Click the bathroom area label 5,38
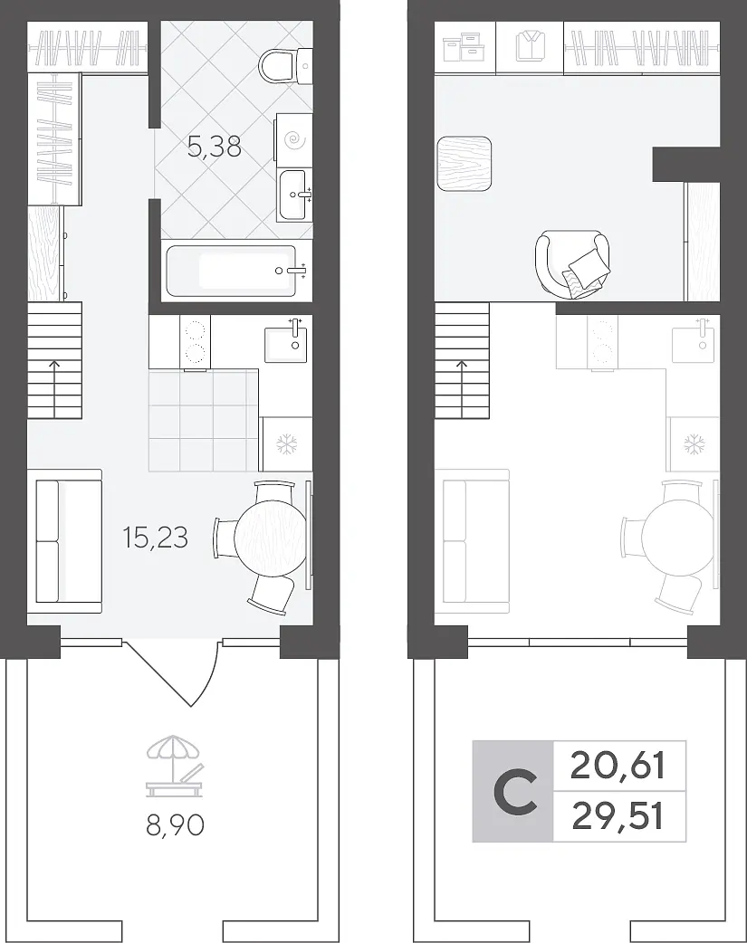click(215, 147)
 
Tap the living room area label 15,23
click(156, 537)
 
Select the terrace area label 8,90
click(175, 825)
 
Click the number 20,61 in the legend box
click(618, 767)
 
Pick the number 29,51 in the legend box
click(618, 816)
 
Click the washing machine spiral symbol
click(295, 141)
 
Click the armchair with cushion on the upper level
click(572, 263)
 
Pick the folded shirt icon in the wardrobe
click(530, 46)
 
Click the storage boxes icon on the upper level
click(464, 47)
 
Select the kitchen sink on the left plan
click(286, 344)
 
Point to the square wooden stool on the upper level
click(464, 164)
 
